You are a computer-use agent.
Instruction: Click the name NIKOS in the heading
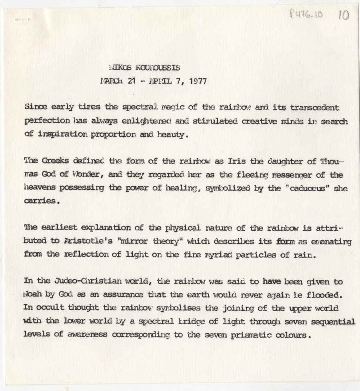(119, 68)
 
